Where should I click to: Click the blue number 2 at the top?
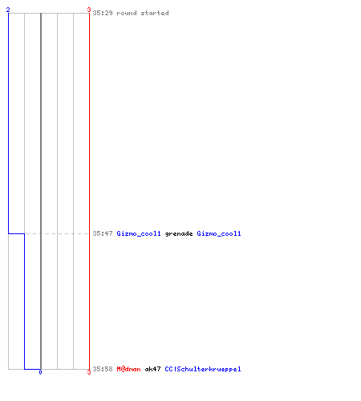click(x=8, y=10)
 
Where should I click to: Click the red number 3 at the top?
click(x=89, y=10)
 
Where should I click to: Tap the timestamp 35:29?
click(x=103, y=13)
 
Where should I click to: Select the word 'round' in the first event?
click(x=127, y=13)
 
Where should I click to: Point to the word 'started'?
click(x=155, y=13)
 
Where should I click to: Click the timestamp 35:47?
click(x=103, y=233)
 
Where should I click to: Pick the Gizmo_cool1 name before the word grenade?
click(x=139, y=233)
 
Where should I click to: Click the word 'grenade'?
click(x=179, y=233)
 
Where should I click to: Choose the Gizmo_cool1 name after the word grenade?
click(x=219, y=233)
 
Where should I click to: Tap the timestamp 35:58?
click(x=103, y=369)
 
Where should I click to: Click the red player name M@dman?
click(x=128, y=369)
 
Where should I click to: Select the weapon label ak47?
click(x=152, y=369)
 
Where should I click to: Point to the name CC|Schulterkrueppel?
click(x=203, y=369)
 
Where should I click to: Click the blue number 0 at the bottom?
click(x=40, y=372)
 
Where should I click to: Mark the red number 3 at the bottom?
click(x=89, y=372)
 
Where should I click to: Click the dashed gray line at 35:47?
click(x=56, y=233)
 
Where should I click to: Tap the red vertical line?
click(x=89, y=191)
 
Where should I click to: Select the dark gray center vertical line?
click(x=41, y=191)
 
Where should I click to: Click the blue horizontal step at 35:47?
click(x=16, y=233)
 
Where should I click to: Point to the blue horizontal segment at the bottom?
click(x=32, y=369)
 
